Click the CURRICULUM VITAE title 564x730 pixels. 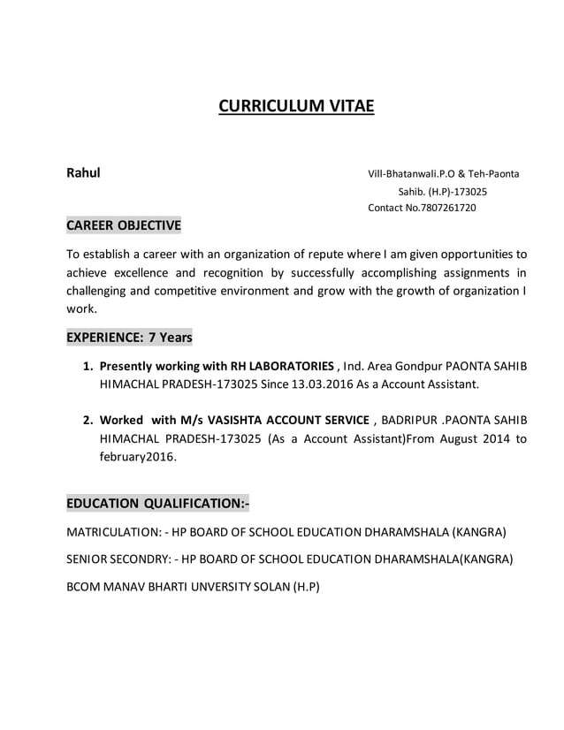[x=296, y=107]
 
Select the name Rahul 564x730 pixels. [x=84, y=172]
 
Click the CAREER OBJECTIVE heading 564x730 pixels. [x=124, y=225]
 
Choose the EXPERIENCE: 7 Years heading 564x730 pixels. [x=129, y=338]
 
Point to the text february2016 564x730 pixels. [x=138, y=457]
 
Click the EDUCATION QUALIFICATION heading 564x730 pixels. [x=158, y=504]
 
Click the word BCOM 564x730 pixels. [x=84, y=586]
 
